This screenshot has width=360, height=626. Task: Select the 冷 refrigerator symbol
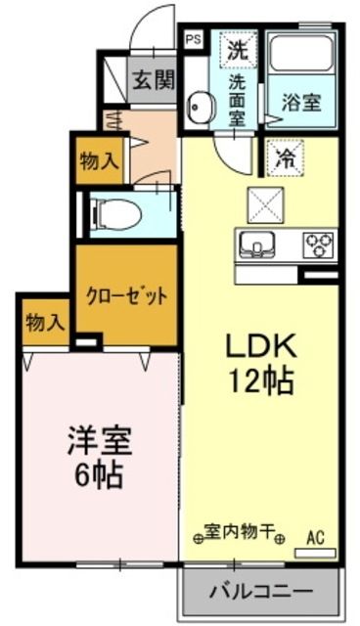[284, 155]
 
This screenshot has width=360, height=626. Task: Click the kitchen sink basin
[259, 244]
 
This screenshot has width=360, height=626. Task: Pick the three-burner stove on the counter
[317, 242]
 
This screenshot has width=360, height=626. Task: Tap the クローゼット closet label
[126, 295]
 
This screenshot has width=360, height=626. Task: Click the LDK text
[261, 347]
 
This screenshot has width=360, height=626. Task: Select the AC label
[314, 537]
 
